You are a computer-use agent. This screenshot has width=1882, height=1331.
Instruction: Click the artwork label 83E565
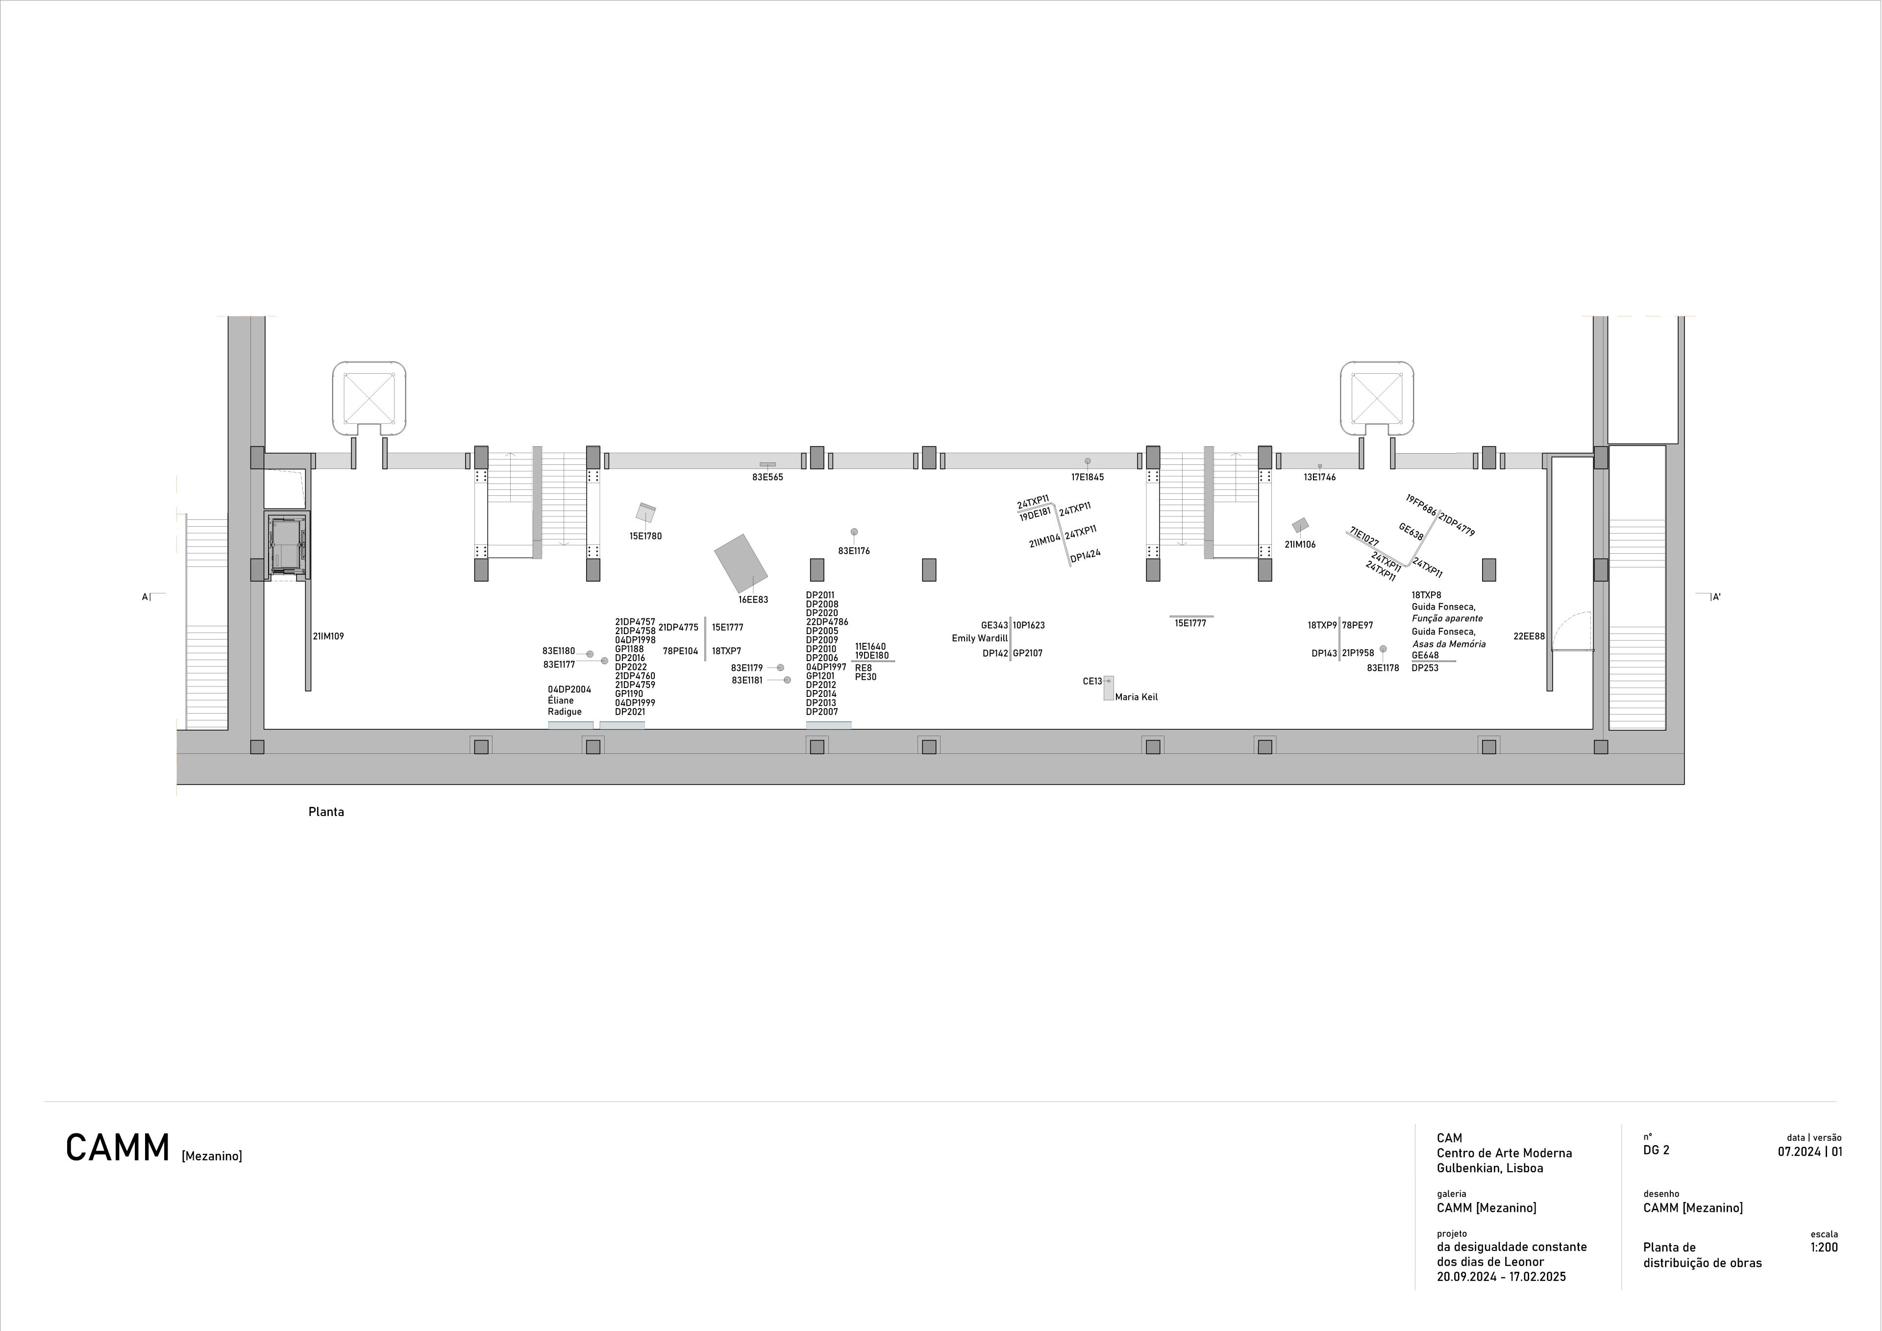coord(767,477)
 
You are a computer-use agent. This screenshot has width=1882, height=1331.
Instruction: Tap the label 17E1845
coord(1088,477)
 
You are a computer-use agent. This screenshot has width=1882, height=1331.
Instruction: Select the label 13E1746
coord(1320,477)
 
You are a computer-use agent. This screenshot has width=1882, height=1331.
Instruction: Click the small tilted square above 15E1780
coord(646,512)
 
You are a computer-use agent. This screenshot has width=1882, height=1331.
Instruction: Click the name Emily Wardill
coord(980,638)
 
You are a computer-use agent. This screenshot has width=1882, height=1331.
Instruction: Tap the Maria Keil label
coord(1136,697)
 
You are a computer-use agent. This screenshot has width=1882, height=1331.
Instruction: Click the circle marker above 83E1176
coord(854,532)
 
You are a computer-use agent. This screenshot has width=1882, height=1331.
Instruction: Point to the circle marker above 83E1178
coord(1383,649)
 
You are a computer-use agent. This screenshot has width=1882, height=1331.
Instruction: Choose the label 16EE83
coord(753,599)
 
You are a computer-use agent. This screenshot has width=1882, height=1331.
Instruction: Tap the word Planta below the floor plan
coord(326,812)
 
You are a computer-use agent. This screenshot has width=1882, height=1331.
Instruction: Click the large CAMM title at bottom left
coord(118,1148)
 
